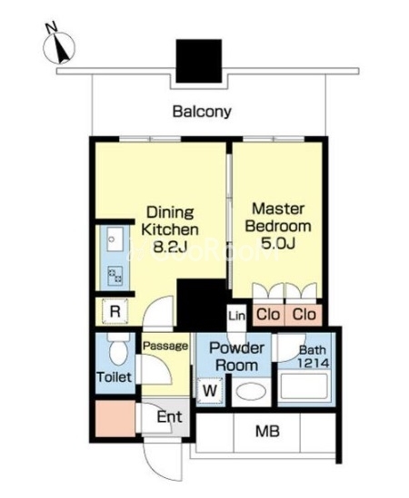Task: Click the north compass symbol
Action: [x=59, y=47]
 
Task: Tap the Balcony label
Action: [x=202, y=112]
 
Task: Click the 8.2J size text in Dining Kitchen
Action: [x=170, y=247]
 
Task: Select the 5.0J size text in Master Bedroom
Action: [x=278, y=243]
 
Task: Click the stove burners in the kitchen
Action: [x=115, y=275]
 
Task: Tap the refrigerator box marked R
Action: [x=115, y=311]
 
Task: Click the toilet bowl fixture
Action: [x=118, y=349]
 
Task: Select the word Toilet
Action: [x=114, y=377]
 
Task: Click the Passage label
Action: [x=165, y=346]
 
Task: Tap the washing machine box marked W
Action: [x=210, y=391]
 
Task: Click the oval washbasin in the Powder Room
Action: [x=251, y=391]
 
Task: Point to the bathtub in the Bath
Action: [x=304, y=386]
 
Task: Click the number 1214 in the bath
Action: [x=314, y=363]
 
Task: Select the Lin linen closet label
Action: [x=237, y=316]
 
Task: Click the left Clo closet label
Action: [x=268, y=315]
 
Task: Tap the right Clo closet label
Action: [x=304, y=315]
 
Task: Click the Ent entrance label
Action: [x=170, y=416]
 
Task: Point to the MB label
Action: [x=267, y=431]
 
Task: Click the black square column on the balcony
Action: [x=199, y=61]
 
